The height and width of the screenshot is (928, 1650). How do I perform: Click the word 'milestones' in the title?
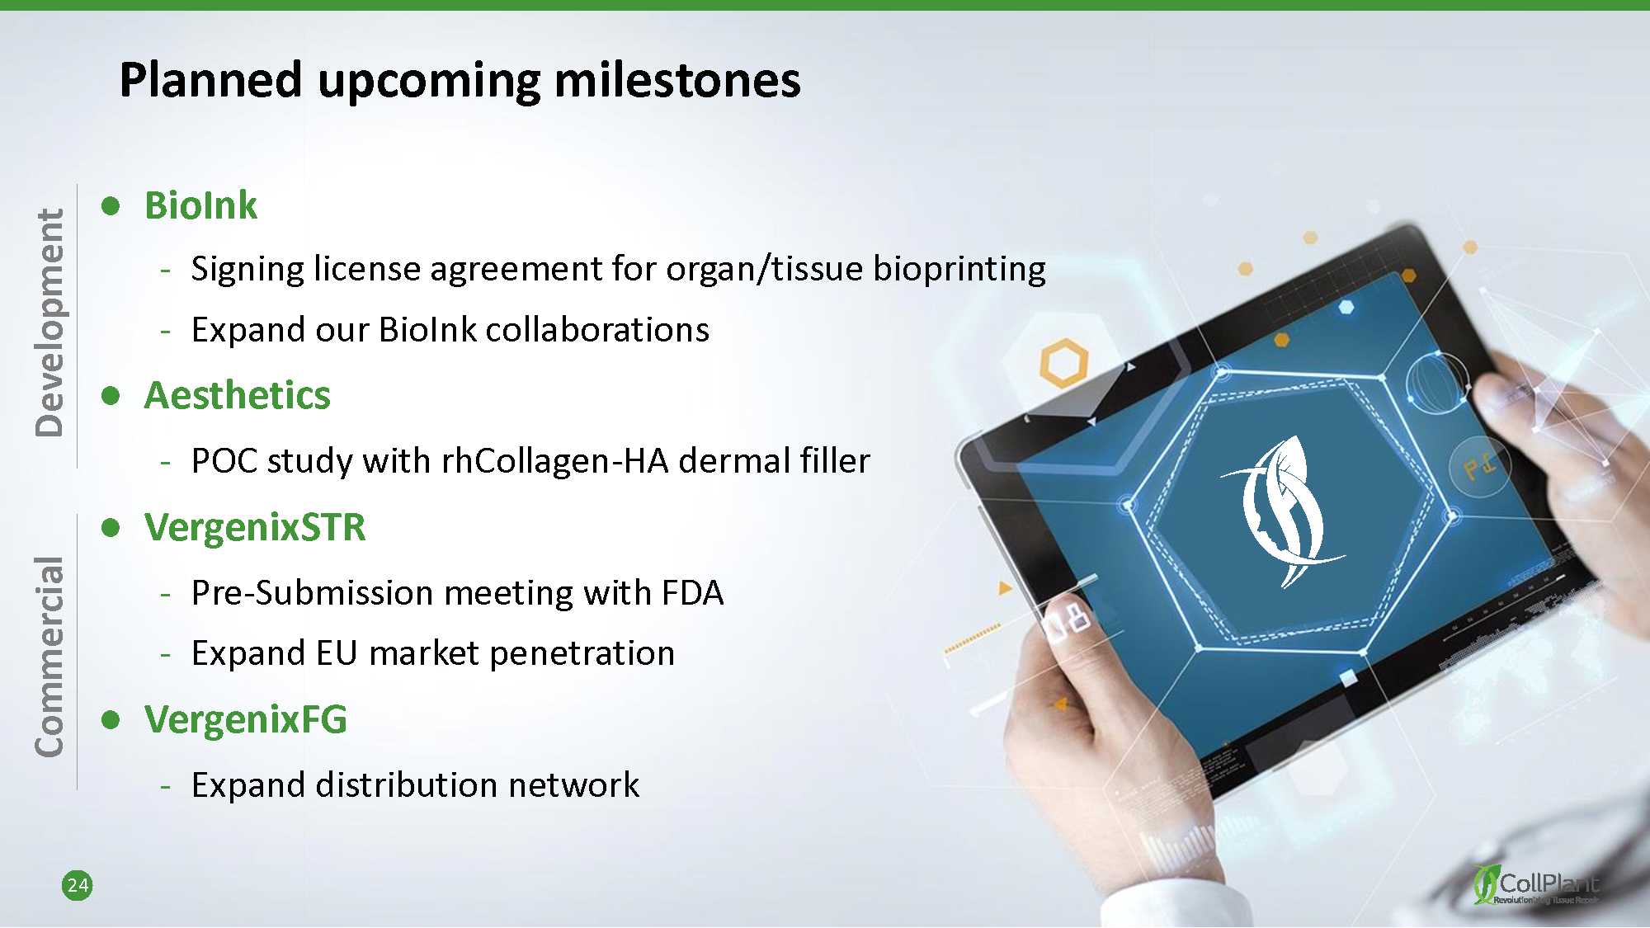(676, 80)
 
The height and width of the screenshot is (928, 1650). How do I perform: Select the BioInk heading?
(200, 205)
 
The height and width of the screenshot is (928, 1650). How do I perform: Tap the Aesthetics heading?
(238, 395)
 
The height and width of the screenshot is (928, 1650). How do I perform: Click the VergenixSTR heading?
(255, 527)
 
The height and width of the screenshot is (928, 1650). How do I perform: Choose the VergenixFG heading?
(246, 719)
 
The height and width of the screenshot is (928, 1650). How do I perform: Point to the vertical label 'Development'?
(49, 323)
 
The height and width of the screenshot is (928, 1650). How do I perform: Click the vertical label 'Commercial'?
(49, 656)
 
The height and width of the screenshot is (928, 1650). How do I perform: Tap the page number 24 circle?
(78, 885)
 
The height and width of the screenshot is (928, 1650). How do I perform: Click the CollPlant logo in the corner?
(1536, 884)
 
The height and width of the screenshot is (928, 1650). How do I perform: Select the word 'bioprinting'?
(959, 270)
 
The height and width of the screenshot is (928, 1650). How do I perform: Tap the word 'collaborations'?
(597, 330)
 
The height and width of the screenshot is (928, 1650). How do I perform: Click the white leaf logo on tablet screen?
(1283, 512)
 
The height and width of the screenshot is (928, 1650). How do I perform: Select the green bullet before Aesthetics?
(111, 396)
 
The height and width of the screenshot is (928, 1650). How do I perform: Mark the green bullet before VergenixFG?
(111, 720)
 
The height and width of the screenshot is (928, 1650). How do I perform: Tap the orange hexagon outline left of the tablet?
(1063, 363)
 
